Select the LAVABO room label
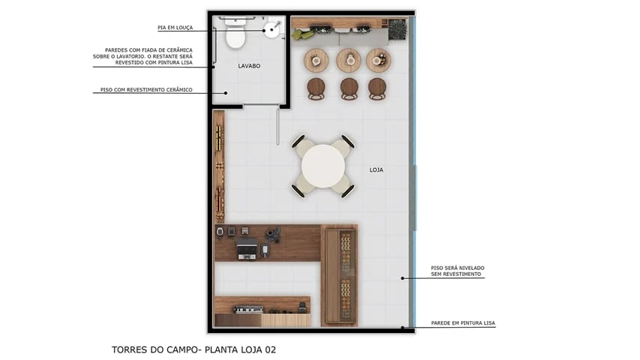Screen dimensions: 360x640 [x=249, y=66]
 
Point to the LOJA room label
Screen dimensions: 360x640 [x=377, y=169]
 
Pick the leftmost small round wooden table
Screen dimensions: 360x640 [x=316, y=59]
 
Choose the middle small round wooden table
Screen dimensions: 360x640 [x=348, y=59]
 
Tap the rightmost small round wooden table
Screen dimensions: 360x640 [x=378, y=59]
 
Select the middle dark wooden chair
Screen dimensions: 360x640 [x=349, y=88]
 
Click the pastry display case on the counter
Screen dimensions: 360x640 [x=344, y=274]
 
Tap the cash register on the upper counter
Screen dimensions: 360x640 [x=247, y=250]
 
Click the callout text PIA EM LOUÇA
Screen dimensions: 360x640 [x=175, y=28]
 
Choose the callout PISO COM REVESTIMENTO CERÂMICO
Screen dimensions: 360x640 [x=146, y=90]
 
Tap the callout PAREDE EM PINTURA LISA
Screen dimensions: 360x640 [x=463, y=323]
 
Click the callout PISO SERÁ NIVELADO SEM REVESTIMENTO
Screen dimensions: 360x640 [x=456, y=271]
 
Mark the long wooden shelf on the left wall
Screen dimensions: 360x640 [x=219, y=166]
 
